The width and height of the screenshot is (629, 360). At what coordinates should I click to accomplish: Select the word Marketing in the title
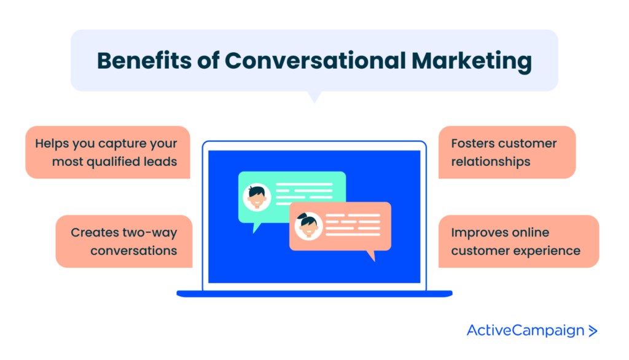[471, 62]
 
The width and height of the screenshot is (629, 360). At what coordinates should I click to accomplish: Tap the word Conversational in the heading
[315, 61]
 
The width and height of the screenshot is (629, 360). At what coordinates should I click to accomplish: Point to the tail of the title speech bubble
[314, 97]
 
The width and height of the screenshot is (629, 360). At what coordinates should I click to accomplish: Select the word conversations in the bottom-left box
[133, 251]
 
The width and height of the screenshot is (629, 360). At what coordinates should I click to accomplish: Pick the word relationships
[491, 162]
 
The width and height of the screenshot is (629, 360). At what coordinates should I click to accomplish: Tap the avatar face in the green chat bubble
[257, 197]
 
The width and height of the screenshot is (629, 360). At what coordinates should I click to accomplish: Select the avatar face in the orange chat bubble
[308, 226]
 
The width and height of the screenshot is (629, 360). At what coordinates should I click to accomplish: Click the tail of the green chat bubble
[256, 227]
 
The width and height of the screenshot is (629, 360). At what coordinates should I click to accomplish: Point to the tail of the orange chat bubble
[372, 256]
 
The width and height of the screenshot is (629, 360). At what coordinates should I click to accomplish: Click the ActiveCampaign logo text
[526, 331]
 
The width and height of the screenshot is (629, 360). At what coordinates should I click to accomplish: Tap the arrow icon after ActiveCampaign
[593, 331]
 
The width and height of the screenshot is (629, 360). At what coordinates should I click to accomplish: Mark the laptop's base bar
[314, 294]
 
